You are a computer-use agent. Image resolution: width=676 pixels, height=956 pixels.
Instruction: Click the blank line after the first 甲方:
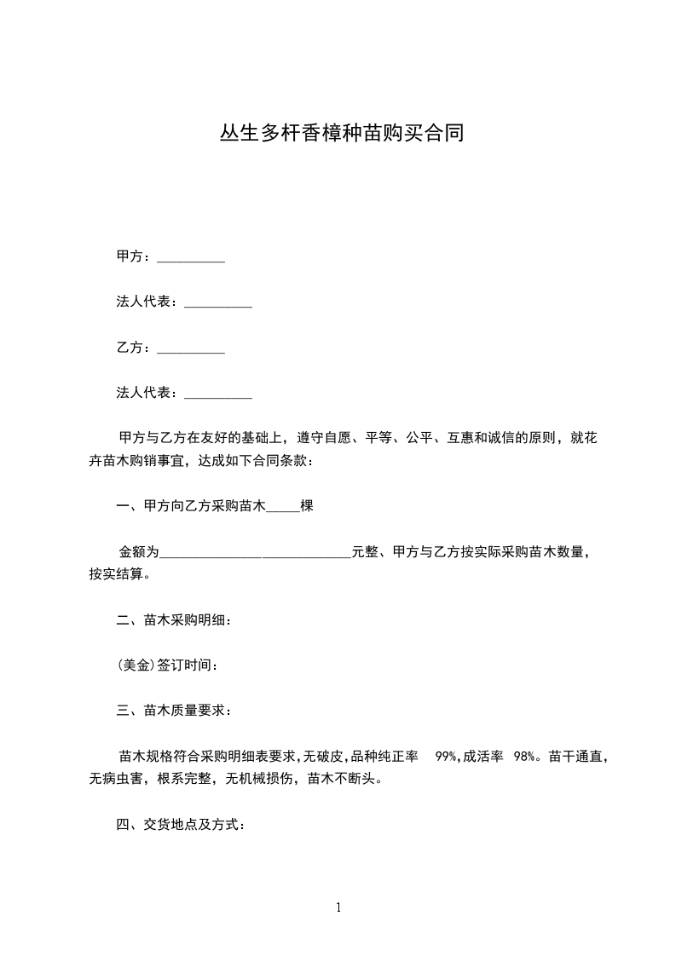(191, 258)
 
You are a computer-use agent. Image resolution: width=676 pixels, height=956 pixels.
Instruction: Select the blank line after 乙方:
(191, 348)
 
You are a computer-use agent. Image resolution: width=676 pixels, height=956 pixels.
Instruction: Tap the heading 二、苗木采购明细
(174, 620)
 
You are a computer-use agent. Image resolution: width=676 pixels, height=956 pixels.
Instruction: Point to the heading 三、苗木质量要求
(174, 711)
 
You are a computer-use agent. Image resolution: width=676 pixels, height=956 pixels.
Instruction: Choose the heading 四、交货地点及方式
(182, 825)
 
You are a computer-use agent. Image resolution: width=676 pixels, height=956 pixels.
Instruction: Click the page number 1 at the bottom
(338, 907)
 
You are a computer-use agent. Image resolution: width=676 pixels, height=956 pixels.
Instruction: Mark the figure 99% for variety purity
(448, 757)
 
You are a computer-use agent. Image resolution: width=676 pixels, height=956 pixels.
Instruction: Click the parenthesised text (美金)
(136, 665)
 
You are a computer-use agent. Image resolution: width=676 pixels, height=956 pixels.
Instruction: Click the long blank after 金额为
(255, 553)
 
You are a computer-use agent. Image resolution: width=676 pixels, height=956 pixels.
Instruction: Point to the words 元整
(365, 553)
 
